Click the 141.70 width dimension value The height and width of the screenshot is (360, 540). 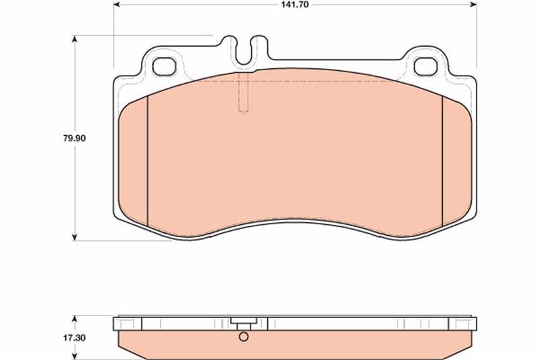click(x=295, y=5)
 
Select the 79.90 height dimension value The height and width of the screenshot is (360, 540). click(x=74, y=138)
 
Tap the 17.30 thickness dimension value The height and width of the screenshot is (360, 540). click(x=74, y=338)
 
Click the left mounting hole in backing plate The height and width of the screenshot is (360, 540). click(x=164, y=66)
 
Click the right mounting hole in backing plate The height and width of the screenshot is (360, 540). click(x=426, y=66)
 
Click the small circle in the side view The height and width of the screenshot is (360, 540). click(x=243, y=336)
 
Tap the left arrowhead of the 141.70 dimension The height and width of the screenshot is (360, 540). click(x=117, y=5)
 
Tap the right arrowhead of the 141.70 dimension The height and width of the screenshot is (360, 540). click(x=473, y=5)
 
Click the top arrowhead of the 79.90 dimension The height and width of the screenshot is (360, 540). click(x=74, y=38)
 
